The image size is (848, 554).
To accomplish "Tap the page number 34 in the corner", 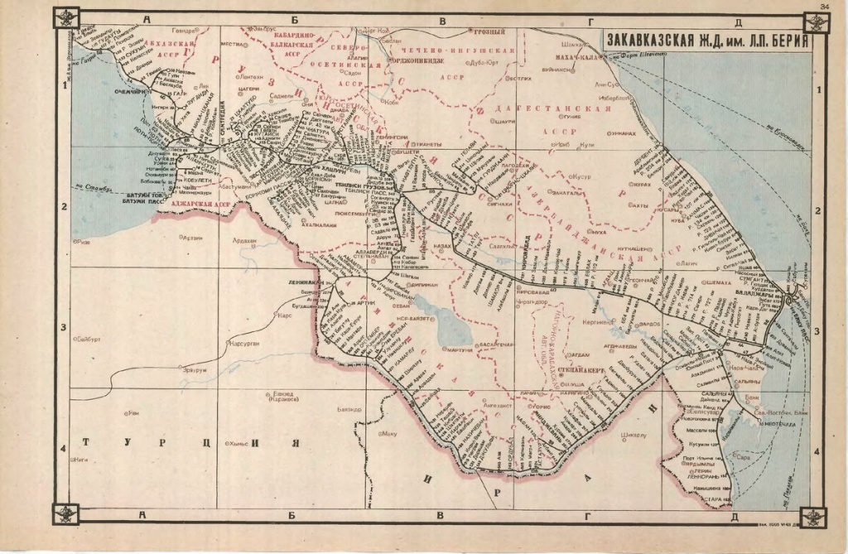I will point(824,7).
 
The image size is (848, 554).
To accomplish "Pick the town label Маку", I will point(391,432).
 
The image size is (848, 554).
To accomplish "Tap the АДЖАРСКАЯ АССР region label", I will point(200,204).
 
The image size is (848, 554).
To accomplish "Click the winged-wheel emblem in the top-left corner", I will point(67,18).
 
